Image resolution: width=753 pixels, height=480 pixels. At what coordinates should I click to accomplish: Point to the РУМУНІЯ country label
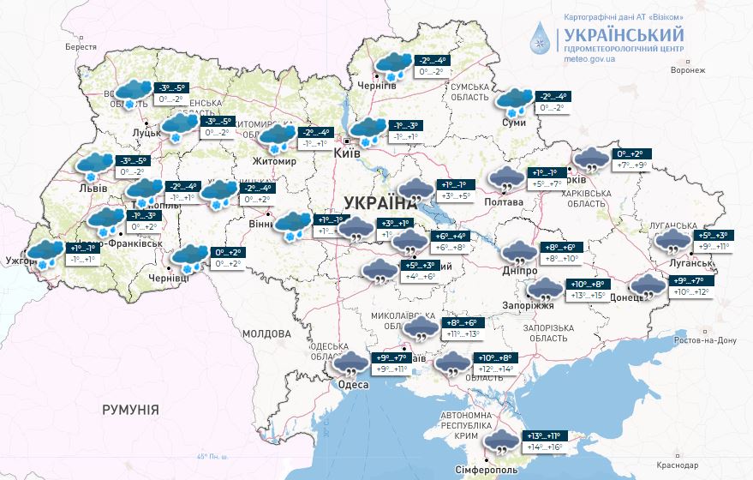[130, 410]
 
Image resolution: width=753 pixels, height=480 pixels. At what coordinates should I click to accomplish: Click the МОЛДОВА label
[266, 333]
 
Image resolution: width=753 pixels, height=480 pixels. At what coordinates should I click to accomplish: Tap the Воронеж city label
[688, 70]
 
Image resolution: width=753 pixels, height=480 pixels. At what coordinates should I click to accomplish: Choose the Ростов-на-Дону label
[705, 341]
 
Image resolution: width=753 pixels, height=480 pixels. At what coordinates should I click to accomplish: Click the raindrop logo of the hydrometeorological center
[541, 39]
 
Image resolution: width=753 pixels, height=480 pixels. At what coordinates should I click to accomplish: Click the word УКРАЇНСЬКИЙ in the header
[623, 35]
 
